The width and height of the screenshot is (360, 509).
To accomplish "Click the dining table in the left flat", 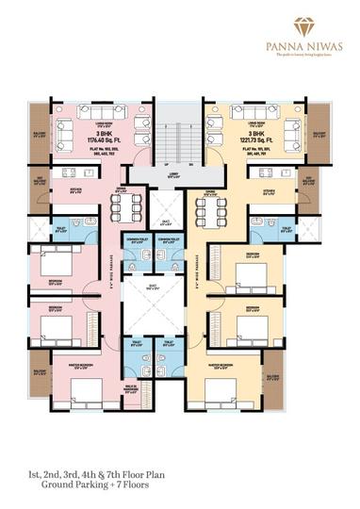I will (133, 206).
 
